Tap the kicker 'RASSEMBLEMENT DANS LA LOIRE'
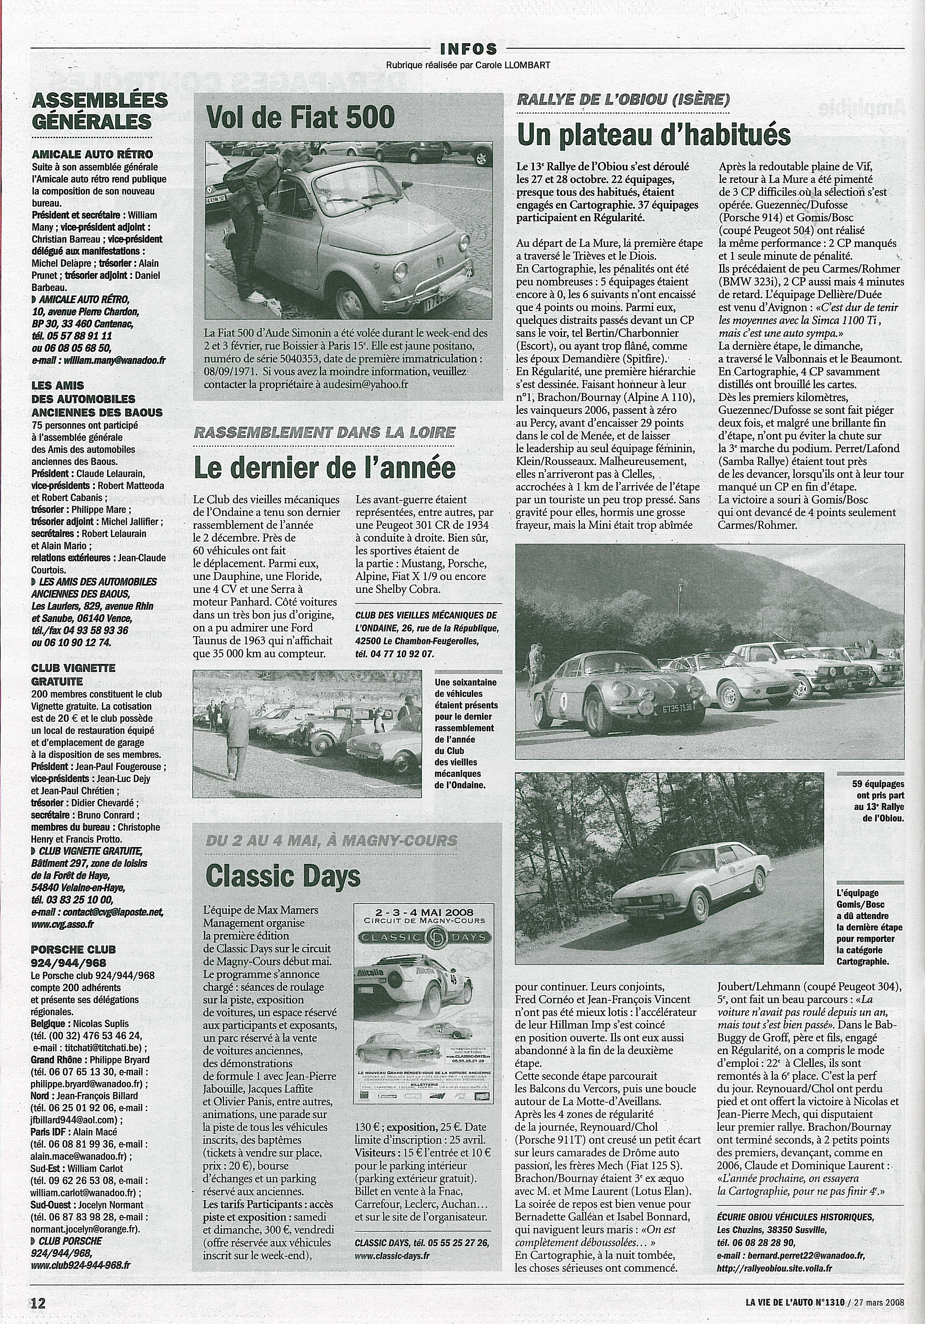(x=324, y=432)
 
